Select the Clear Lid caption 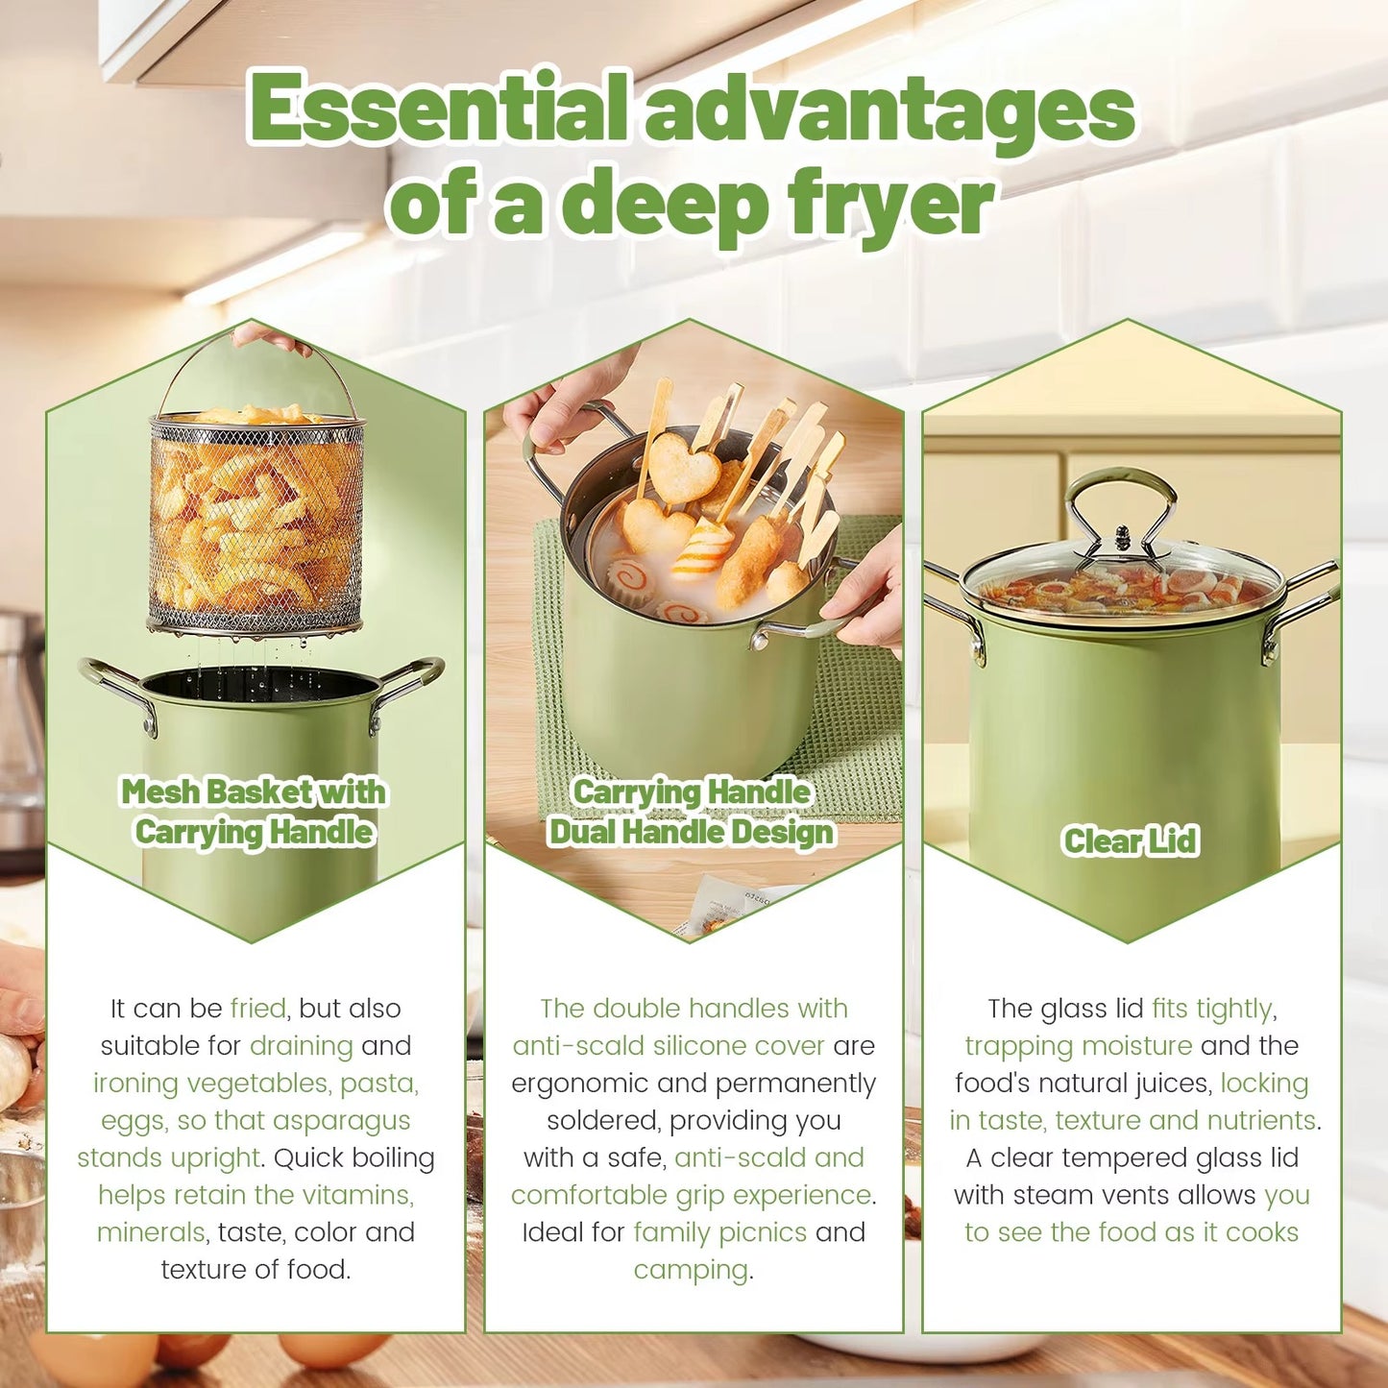(1130, 840)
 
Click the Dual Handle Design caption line (691, 831)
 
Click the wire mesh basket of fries (256, 524)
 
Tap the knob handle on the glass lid (1121, 536)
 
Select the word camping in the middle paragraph (690, 1270)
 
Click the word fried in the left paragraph (257, 1009)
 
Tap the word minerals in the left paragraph (150, 1232)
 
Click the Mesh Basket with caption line (254, 791)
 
